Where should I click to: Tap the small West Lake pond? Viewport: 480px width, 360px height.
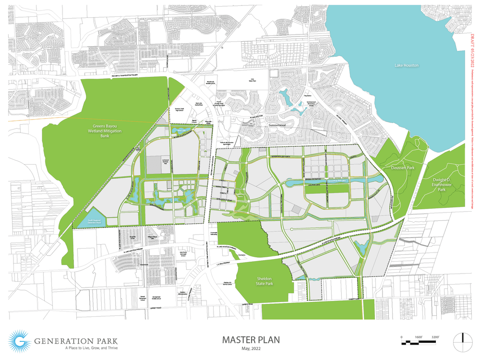click(x=178, y=130)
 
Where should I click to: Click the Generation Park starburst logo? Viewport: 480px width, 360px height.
click(x=20, y=342)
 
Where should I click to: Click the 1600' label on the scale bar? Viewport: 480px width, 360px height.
click(x=419, y=337)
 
